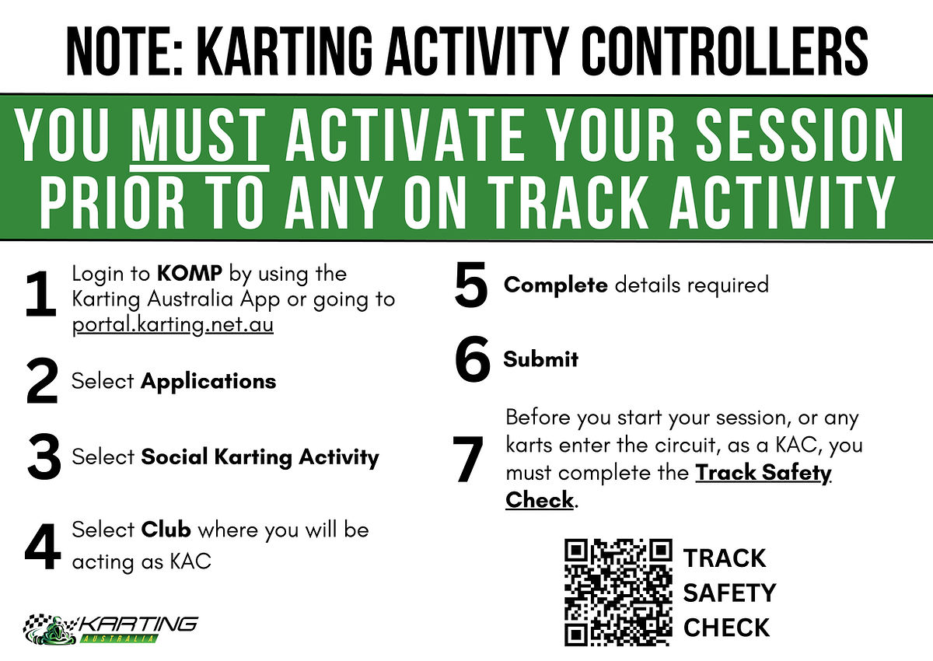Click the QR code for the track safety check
point(618,592)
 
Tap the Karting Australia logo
point(110,629)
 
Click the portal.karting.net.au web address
point(173,325)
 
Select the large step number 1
point(40,294)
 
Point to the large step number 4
point(43,547)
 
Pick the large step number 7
point(468,459)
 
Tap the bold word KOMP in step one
point(190,273)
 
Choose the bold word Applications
point(208,382)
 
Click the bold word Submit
point(540,359)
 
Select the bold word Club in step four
point(166,530)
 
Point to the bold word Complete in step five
point(556,285)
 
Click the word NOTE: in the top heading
point(124,51)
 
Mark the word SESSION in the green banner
point(799,135)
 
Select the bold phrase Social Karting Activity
point(260,457)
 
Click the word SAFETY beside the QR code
point(729,593)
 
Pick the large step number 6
point(473,358)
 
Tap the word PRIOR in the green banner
point(112,202)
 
